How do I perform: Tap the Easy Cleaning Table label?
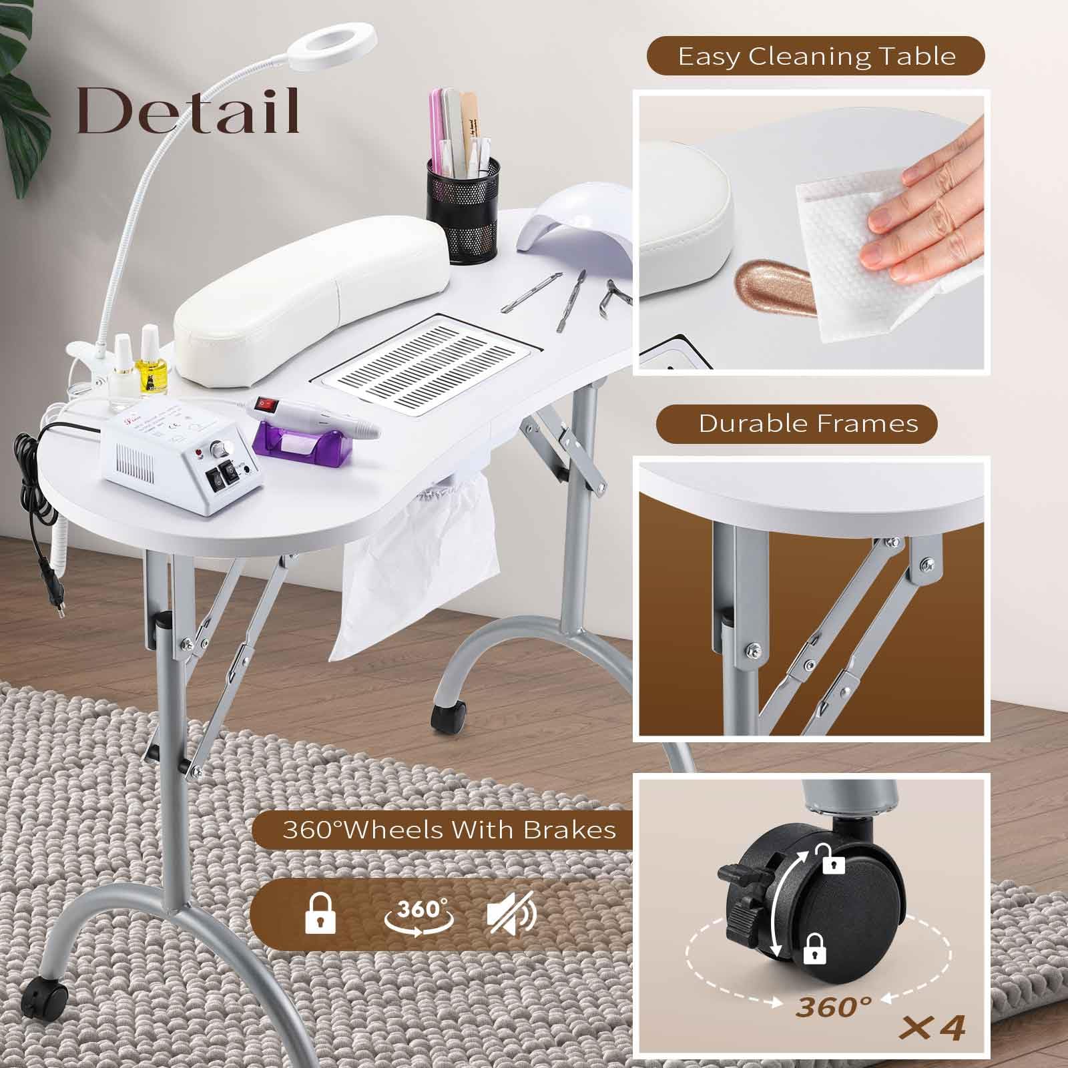[x=817, y=56]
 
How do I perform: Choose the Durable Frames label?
[x=808, y=423]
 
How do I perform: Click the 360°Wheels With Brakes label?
[x=449, y=830]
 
